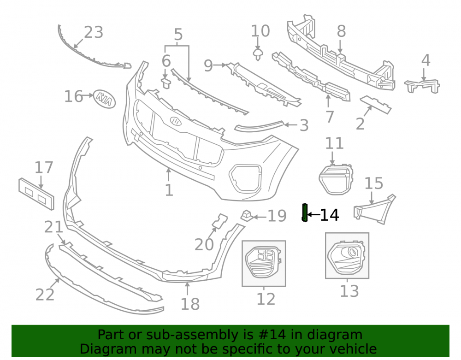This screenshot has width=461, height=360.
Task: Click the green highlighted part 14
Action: pyautogui.click(x=305, y=212)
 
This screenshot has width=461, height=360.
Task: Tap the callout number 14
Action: pyautogui.click(x=329, y=215)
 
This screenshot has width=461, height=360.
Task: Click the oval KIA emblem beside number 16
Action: pyautogui.click(x=104, y=99)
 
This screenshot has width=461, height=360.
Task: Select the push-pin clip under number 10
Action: pyautogui.click(x=258, y=55)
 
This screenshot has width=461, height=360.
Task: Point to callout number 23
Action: pyautogui.click(x=94, y=32)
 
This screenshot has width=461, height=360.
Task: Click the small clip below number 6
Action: pyautogui.click(x=166, y=83)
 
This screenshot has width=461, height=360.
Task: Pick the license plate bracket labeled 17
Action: pyautogui.click(x=36, y=194)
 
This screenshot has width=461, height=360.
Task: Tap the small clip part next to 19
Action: pyautogui.click(x=247, y=216)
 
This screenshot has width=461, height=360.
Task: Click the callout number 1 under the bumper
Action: pyautogui.click(x=169, y=190)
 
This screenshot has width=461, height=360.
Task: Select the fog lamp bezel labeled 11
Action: pyautogui.click(x=336, y=179)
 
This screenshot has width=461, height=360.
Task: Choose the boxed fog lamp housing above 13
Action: pyautogui.click(x=347, y=255)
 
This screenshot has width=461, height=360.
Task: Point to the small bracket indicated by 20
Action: pyautogui.click(x=220, y=221)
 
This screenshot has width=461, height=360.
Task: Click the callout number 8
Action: pyautogui.click(x=341, y=31)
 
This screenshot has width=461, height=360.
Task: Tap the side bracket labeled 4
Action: pyautogui.click(x=422, y=86)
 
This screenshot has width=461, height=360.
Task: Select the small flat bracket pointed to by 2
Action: pyautogui.click(x=376, y=104)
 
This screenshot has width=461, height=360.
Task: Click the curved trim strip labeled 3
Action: pyautogui.click(x=259, y=126)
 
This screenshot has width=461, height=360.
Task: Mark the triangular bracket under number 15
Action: pyautogui.click(x=375, y=209)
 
